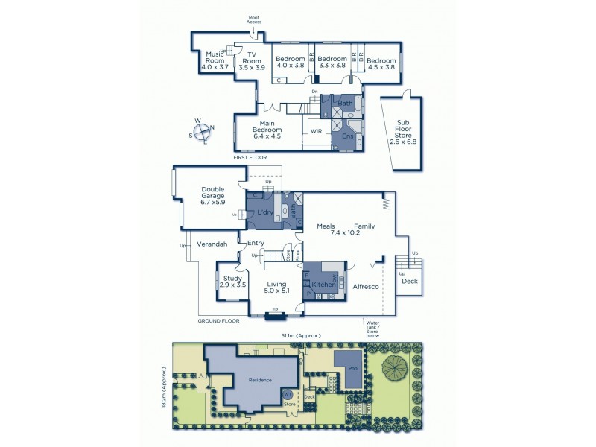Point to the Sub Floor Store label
404,131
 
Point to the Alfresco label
366,286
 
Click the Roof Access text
254,19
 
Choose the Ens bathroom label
346,136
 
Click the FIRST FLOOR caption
250,158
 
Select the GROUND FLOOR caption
218,320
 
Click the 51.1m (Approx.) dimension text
301,336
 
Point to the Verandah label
212,244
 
